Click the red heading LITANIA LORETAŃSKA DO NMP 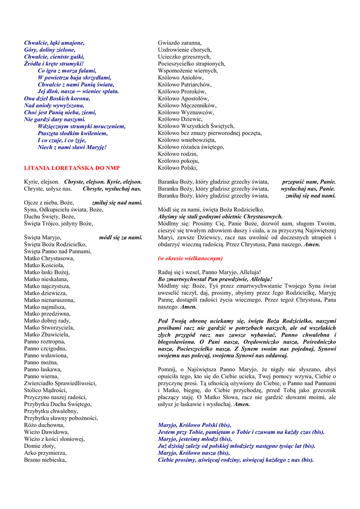pos(72,168)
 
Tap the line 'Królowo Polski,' pos(178,168)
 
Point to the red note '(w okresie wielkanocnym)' pos(190,258)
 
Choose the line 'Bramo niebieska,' pos(45,460)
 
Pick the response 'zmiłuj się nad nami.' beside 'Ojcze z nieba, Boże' pos(117,203)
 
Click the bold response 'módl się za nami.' pos(121,238)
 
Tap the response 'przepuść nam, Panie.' pos(309,182)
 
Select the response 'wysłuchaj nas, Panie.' pos(308,189)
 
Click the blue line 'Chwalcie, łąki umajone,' pos(55,43)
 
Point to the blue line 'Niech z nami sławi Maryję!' pos(72,147)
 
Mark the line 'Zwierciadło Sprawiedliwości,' pos(60,383)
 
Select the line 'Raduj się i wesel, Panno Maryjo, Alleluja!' pos(209,272)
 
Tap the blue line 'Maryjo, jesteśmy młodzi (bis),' pos(194,439)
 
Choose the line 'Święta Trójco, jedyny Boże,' pos(59,224)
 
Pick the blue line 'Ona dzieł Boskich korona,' pos(57,98)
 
